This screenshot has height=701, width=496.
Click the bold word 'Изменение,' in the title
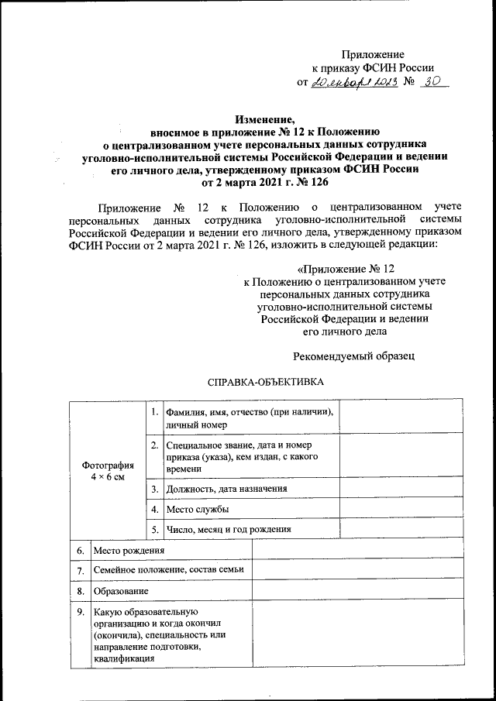pos(264,119)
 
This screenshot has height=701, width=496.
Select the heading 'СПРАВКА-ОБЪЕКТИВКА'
pos(263,383)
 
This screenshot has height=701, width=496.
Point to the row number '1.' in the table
pos(155,411)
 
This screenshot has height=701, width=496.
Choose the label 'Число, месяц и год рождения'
pos(228,529)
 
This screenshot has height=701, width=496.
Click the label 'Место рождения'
pos(128,550)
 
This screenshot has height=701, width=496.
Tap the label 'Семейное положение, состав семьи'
pos(168,570)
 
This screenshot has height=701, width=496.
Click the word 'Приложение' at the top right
pos(374,54)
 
